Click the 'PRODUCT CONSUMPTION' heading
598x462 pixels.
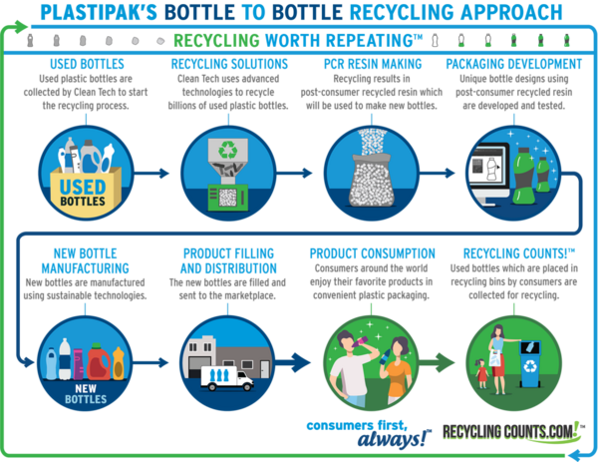pyautogui.click(x=372, y=253)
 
